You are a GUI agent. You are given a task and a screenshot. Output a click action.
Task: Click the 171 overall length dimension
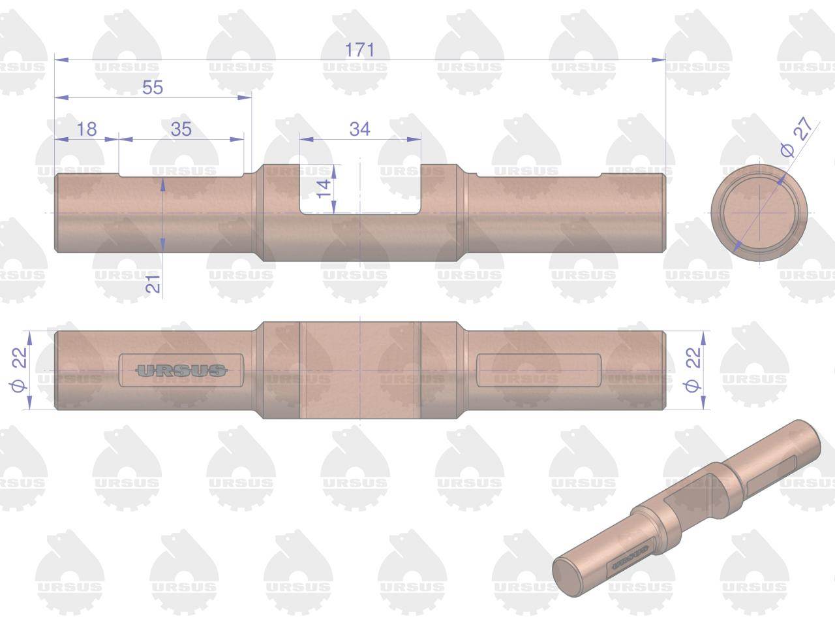(359, 50)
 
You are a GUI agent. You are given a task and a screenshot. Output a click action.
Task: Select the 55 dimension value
(153, 87)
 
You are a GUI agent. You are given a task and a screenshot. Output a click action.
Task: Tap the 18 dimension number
(87, 129)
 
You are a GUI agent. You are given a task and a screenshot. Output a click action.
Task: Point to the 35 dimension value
(181, 129)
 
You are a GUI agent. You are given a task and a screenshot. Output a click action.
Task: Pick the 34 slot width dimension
(359, 129)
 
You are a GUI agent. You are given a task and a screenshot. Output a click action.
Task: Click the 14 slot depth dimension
(324, 189)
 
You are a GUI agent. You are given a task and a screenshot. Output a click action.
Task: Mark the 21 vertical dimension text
(153, 283)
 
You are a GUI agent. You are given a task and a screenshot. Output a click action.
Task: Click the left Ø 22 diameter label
(20, 369)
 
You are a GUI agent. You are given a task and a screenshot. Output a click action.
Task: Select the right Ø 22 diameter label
(692, 369)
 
